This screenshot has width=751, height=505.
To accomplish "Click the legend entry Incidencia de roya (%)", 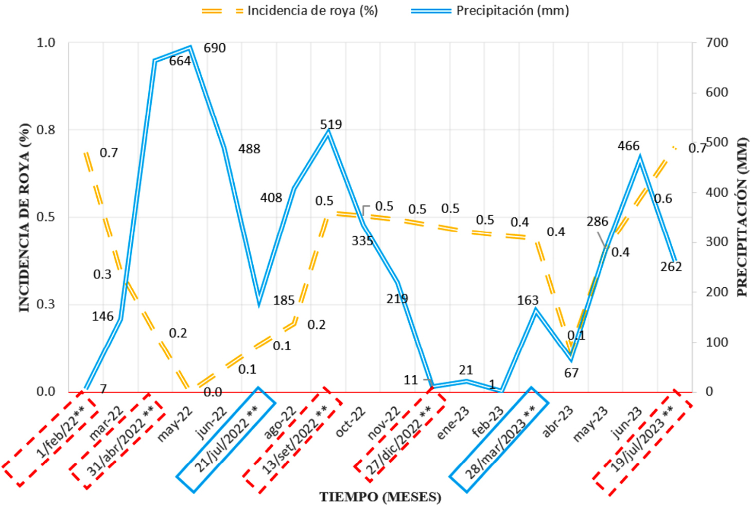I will pyautogui.click(x=312, y=11).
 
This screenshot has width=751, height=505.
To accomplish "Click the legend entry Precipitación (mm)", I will pyautogui.click(x=512, y=11).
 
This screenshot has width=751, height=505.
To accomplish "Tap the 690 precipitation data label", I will pyautogui.click(x=215, y=48).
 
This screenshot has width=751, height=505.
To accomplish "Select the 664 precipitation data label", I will pyautogui.click(x=180, y=61).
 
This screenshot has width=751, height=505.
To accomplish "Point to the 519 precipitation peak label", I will pyautogui.click(x=330, y=125).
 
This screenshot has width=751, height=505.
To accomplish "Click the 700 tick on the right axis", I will pyautogui.click(x=717, y=43).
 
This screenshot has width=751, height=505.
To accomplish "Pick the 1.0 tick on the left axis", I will pyautogui.click(x=46, y=43).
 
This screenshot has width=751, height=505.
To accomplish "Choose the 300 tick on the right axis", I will pyautogui.click(x=717, y=241).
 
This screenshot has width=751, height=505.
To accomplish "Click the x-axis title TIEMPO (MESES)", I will pyautogui.click(x=380, y=497).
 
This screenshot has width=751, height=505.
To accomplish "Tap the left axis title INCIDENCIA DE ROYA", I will pyautogui.click(x=24, y=217).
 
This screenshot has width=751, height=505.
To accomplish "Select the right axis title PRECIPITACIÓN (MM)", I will pyautogui.click(x=742, y=217).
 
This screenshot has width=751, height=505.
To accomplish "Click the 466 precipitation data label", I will pyautogui.click(x=628, y=146).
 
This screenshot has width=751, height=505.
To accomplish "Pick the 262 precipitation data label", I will pyautogui.click(x=671, y=267).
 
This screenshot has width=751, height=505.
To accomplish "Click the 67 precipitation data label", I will pyautogui.click(x=571, y=373).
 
